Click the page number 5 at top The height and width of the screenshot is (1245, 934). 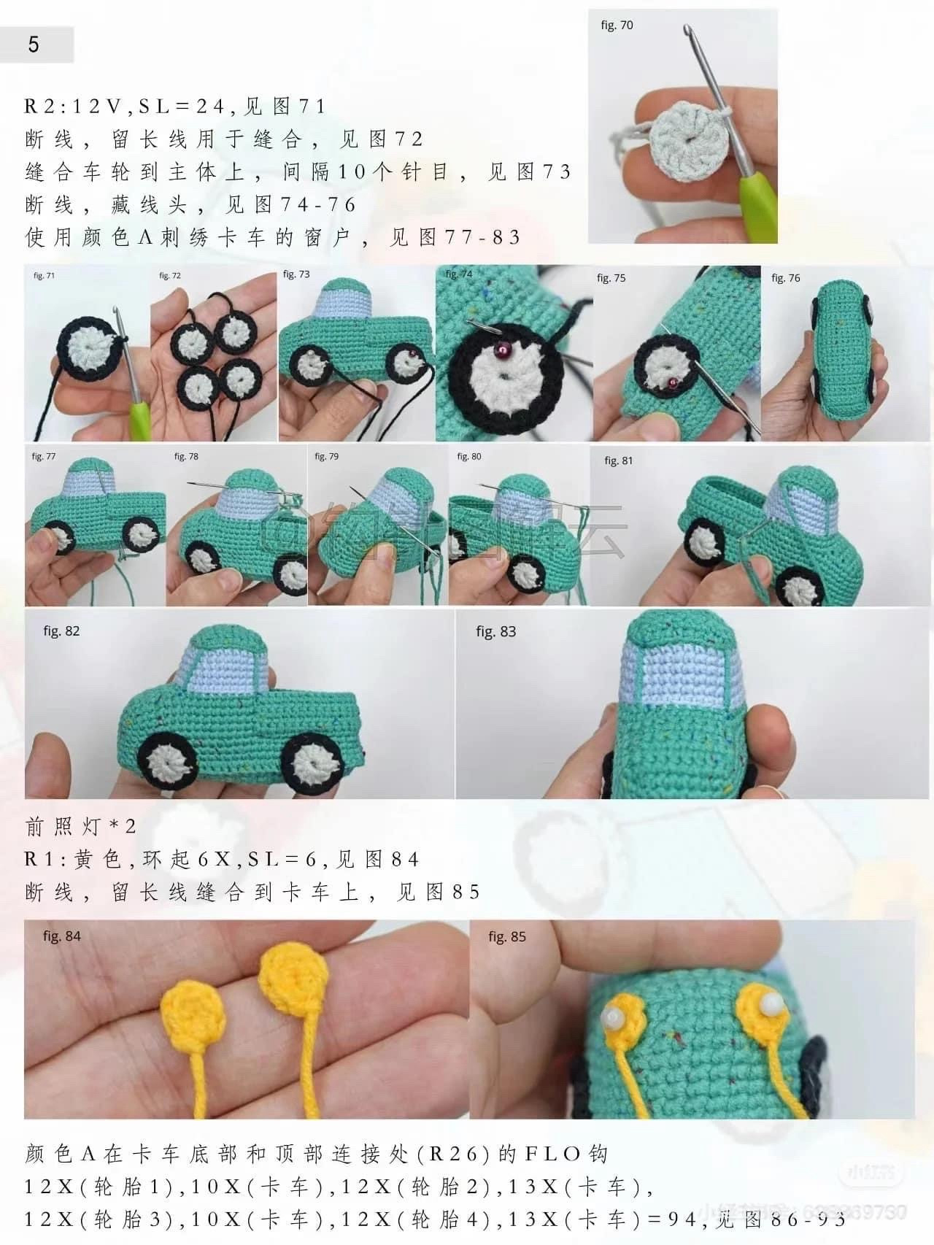[x=34, y=45]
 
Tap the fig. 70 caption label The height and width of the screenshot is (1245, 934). [x=617, y=26]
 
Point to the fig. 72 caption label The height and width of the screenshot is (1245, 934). [x=170, y=276]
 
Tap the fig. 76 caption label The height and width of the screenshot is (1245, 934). [x=785, y=278]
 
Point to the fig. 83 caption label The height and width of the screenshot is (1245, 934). [x=495, y=631]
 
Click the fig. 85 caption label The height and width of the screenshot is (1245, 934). [x=507, y=936]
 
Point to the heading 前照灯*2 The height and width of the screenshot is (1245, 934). [x=80, y=826]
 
